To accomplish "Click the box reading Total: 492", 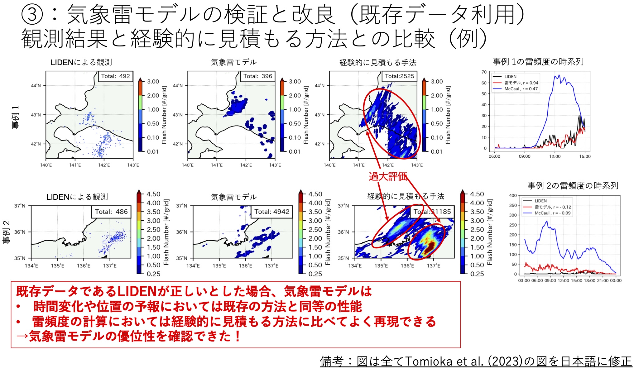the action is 116,76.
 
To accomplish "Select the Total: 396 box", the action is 257,76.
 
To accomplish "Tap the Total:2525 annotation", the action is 400,76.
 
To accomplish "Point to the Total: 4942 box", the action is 272,212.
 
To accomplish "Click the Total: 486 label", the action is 111,212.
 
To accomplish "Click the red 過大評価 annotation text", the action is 388,176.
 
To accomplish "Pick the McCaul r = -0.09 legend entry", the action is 547,213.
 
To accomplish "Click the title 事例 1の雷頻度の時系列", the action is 538,62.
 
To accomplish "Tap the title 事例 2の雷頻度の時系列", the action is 573,186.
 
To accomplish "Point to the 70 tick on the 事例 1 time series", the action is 484,72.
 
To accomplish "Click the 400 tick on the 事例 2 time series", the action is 513,195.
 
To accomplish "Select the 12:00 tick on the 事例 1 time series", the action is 555,156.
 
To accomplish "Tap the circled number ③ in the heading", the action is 32,15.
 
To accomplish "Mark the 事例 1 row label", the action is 15,117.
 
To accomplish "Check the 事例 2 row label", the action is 6,232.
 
